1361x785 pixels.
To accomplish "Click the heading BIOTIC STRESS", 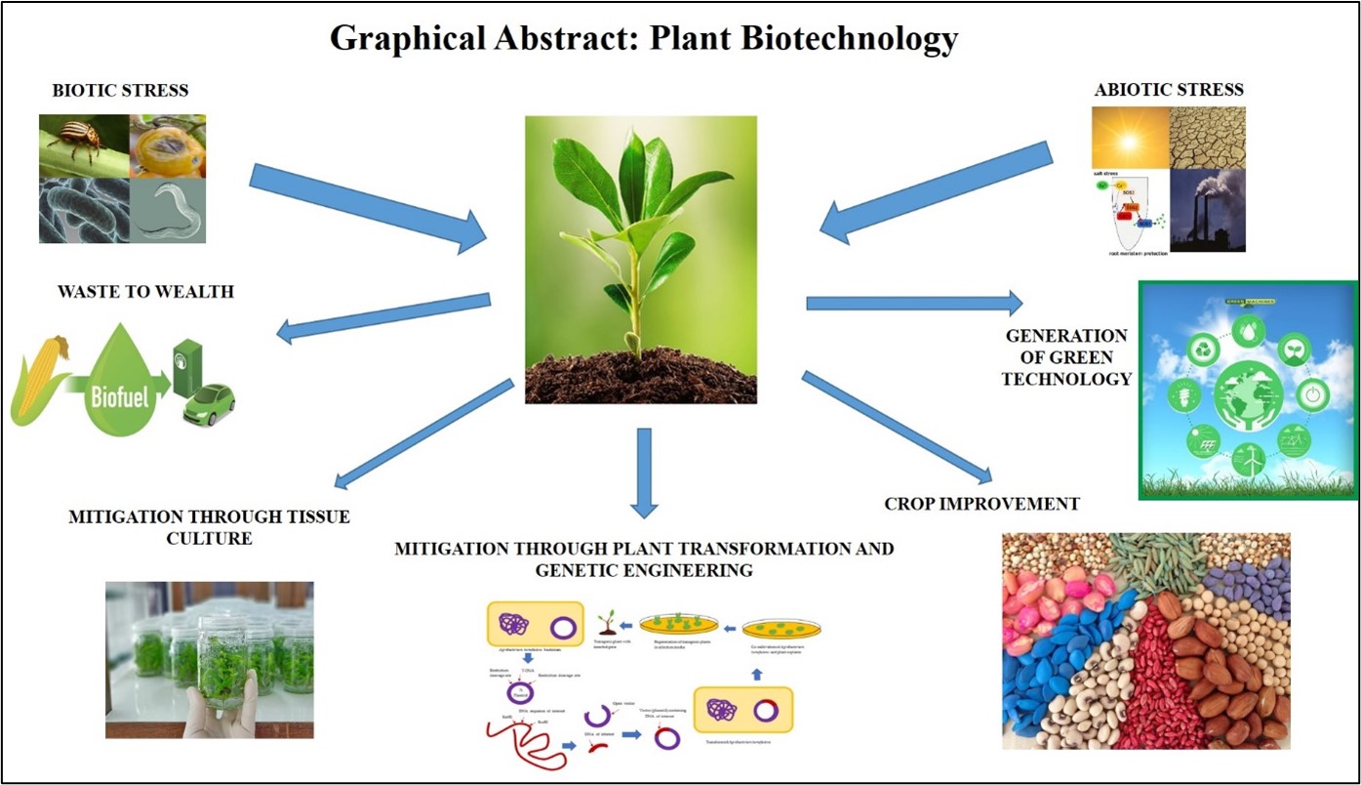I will [120, 92].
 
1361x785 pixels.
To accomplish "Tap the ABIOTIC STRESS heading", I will [1170, 90].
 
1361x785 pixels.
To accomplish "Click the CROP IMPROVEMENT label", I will [981, 504].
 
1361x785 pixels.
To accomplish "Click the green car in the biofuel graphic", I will [210, 404].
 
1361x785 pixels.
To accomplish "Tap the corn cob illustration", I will [39, 381].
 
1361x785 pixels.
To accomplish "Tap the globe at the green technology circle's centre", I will [1248, 397].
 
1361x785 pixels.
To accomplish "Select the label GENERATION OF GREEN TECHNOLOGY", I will [1066, 357].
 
